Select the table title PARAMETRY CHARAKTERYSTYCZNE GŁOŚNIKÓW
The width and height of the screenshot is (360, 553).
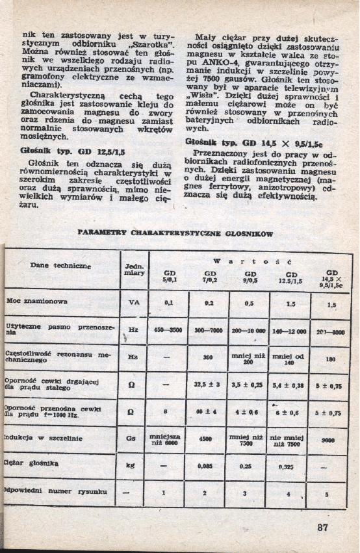(x=175, y=233)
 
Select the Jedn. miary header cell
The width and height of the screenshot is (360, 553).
(x=133, y=270)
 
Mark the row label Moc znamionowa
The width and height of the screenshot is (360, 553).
(x=37, y=302)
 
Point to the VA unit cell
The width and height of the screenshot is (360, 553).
(x=133, y=303)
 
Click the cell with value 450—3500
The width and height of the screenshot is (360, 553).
(x=167, y=330)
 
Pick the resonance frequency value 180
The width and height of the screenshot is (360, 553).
(x=331, y=358)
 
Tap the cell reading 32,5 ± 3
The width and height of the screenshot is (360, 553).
(x=209, y=385)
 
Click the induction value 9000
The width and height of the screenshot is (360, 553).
(x=331, y=439)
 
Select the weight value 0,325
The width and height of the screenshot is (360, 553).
(x=288, y=466)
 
